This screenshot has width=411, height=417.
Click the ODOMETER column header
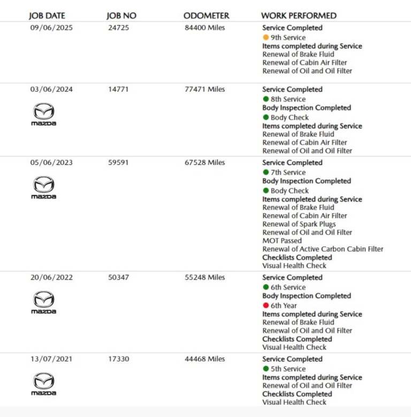pos(206,16)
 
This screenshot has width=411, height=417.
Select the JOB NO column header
pos(121,16)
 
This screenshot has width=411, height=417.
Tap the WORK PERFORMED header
pos(299,16)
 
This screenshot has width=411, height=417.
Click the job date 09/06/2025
pos(51,28)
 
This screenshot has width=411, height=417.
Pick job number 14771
pos(118,89)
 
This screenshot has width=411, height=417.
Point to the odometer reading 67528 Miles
pos(205,163)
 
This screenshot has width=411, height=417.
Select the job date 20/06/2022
pos(51,278)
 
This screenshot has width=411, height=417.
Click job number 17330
pos(118,359)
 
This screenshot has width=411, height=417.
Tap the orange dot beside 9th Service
pos(266,37)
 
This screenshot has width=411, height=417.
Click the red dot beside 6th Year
pos(266,306)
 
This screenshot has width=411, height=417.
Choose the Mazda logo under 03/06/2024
pos(43,115)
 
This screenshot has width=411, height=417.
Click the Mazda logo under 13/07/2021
pos(43,384)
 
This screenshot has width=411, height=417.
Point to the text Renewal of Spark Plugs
pos(299,224)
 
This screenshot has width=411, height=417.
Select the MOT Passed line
pos(282,241)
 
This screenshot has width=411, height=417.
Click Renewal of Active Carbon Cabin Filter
pos(323,249)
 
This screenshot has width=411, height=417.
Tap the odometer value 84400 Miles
pos(205,28)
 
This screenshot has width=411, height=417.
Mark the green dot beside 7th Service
pos(266,172)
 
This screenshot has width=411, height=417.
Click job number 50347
pos(118,278)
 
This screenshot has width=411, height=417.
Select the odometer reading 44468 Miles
pos(205,359)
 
